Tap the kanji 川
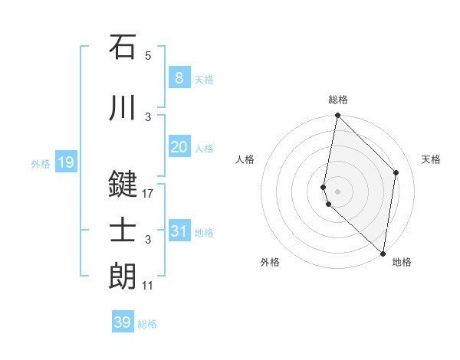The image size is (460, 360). coord(123,108)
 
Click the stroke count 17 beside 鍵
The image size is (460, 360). coord(148,194)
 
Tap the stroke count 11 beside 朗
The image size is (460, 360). coord(148,286)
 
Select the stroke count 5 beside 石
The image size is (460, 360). coord(148,55)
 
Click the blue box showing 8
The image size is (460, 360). coord(179,77)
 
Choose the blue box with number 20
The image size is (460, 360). coord(179,147)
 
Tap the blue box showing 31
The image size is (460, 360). coord(179,231)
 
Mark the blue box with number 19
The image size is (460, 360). coord(65,162)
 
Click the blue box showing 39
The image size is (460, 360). coord(122,322)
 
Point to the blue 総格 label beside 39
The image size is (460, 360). coord(147,324)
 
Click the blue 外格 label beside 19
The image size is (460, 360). coord(41,163)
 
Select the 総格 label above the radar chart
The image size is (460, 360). coord(337,100)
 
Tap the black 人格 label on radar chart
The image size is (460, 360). coord(245,159)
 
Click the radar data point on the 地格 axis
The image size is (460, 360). coord(383,253)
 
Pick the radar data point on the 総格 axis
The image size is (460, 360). coord(337,116)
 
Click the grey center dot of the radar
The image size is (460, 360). coord(337,190)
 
